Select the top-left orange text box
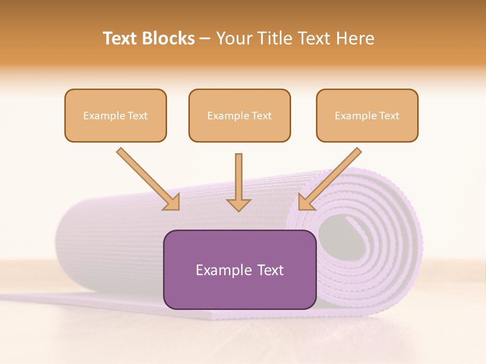point(115,115)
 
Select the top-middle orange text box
point(239,115)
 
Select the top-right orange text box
point(367,115)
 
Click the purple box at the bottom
point(239,269)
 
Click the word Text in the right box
point(389,116)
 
